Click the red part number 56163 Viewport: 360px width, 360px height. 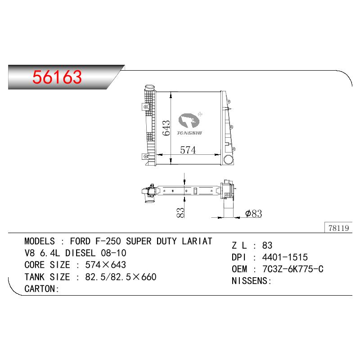(x=57, y=77)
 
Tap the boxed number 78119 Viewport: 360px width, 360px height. (x=339, y=228)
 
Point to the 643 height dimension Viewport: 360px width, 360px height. (x=166, y=128)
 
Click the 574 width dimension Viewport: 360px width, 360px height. (x=188, y=150)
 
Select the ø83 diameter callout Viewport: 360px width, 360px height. (x=253, y=213)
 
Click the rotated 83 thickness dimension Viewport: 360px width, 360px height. (x=180, y=212)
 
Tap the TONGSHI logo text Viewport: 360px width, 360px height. (x=189, y=133)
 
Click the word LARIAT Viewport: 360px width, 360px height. (x=197, y=241)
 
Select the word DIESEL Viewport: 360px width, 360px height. (x=81, y=253)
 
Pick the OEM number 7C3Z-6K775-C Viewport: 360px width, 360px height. (x=293, y=269)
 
